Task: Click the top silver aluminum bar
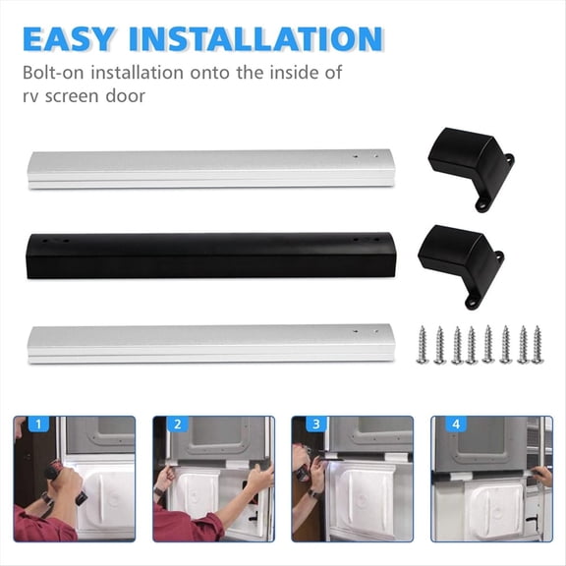point(207,168)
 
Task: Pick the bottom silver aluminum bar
point(207,343)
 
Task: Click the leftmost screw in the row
point(423,345)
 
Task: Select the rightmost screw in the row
point(538,345)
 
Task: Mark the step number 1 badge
point(38,425)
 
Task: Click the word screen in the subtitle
point(80,96)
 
